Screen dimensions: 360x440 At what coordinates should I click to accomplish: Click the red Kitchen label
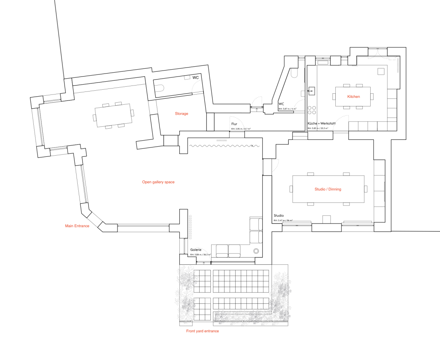[353, 97]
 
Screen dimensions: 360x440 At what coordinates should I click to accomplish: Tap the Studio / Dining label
[328, 189]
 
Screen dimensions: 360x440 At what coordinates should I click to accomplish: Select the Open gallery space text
[158, 182]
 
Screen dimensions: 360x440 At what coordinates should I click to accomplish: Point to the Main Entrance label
[77, 226]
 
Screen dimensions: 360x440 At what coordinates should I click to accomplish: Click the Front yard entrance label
[203, 331]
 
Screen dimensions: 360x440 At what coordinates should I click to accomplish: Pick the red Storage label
[182, 114]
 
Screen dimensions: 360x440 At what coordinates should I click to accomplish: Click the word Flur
[234, 124]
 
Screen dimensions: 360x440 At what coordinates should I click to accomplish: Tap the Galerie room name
[196, 250]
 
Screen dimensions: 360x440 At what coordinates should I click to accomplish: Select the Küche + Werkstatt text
[321, 123]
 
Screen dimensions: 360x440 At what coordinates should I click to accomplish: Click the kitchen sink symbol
[311, 90]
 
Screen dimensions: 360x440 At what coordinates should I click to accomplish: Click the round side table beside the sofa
[257, 251]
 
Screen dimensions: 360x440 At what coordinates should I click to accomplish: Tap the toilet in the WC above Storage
[160, 88]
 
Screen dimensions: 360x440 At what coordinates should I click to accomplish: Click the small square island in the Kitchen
[381, 71]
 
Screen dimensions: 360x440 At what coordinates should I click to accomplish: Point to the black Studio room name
[279, 216]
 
